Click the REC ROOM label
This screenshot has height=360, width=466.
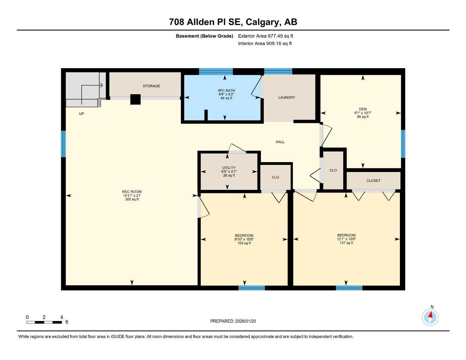(132, 192)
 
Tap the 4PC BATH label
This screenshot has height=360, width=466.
(226, 91)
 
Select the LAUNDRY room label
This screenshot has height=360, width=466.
(287, 97)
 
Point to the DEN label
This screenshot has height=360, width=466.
(363, 109)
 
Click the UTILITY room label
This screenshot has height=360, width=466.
(229, 168)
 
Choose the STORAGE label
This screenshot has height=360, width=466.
(151, 86)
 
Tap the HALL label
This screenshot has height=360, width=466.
(280, 142)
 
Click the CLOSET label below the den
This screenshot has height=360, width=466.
(373, 181)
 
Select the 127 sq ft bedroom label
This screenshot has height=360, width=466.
(346, 239)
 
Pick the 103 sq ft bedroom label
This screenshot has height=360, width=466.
(244, 239)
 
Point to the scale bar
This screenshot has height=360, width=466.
(44, 322)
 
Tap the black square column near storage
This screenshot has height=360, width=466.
(135, 99)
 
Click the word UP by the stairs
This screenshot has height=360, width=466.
(82, 114)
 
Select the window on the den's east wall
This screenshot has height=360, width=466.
(403, 144)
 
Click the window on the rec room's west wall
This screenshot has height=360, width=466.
(63, 144)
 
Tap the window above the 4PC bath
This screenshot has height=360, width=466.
(216, 71)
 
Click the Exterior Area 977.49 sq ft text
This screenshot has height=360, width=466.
(266, 36)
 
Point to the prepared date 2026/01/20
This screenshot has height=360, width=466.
(233, 321)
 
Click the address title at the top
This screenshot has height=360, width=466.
(233, 22)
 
